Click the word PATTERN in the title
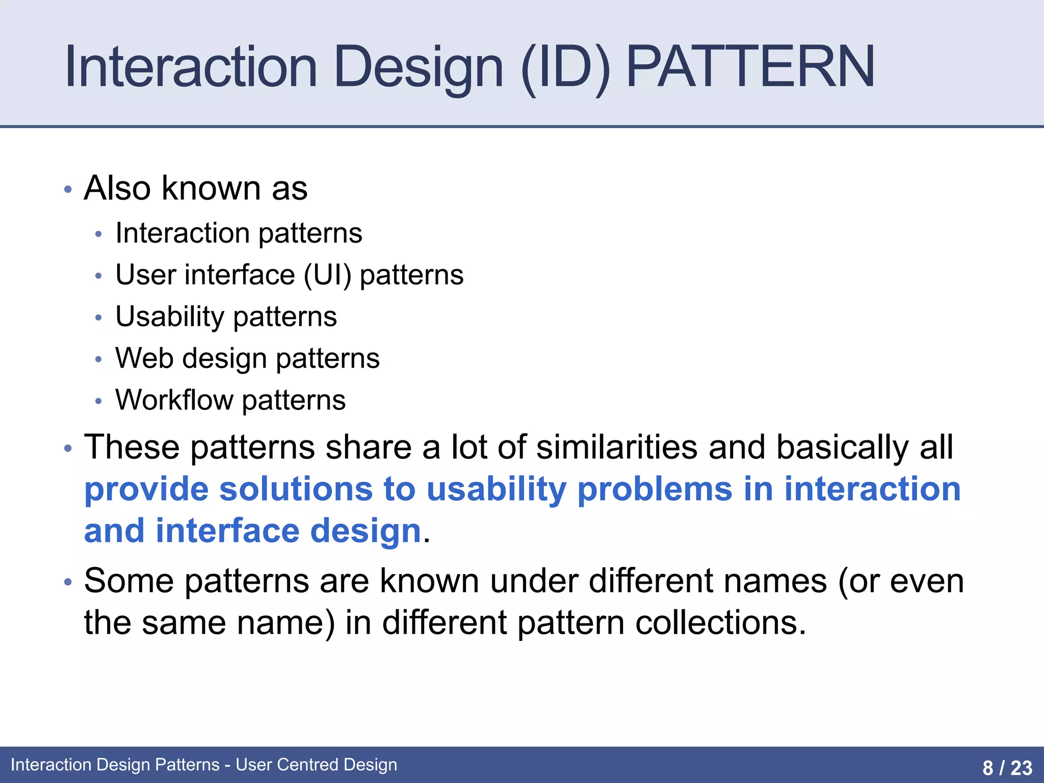tap(750, 67)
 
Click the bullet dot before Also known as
tap(68, 190)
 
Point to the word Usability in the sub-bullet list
tap(169, 317)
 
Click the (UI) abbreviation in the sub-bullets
tap(327, 276)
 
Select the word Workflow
tap(174, 400)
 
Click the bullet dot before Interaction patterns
tap(98, 234)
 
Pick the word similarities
tap(617, 448)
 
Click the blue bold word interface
tap(227, 531)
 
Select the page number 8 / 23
tap(1007, 767)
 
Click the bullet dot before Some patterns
tap(68, 583)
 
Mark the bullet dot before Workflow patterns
tap(98, 401)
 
